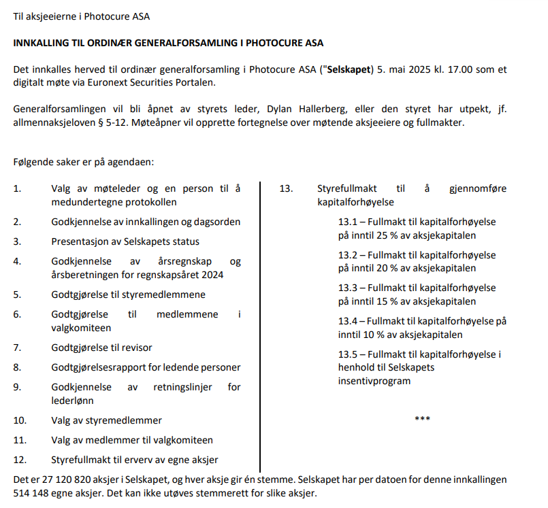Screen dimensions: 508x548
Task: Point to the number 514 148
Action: point(33,493)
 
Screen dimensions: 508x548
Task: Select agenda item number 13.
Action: point(286,188)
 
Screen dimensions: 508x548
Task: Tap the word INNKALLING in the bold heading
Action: point(44,43)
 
